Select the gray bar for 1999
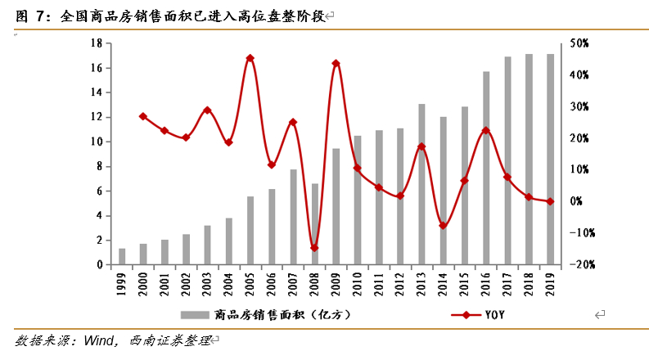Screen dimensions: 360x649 tap(122, 257)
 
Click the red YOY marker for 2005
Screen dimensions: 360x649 tap(250, 58)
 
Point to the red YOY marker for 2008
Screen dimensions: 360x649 tap(314, 248)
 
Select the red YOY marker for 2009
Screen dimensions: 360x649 tap(336, 63)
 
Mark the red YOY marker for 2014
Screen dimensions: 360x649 tap(443, 226)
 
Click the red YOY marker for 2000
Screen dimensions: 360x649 tap(143, 116)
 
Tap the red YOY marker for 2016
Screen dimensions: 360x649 tap(486, 130)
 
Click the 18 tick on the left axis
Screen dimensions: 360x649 tap(97, 43)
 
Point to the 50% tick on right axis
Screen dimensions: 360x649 tap(579, 43)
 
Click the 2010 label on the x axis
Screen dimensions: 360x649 tap(358, 284)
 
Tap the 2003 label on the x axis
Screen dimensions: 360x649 tap(208, 284)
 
